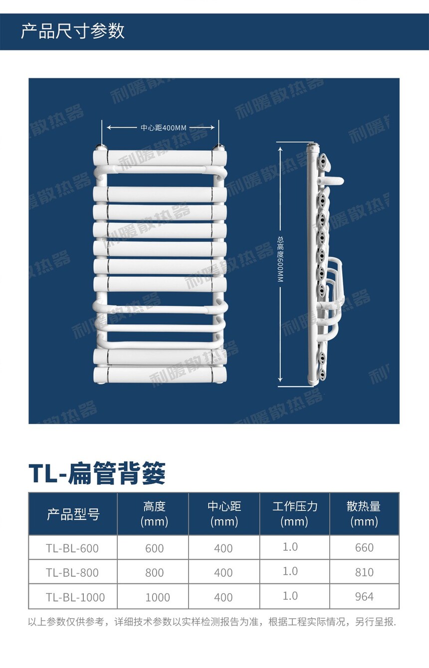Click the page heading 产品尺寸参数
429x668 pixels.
(72, 31)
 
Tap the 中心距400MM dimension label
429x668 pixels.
(164, 128)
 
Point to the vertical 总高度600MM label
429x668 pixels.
(280, 259)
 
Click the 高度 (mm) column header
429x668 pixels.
(155, 514)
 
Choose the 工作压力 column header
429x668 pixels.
(294, 514)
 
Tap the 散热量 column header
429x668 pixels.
(364, 514)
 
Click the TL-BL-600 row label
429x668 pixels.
(72, 548)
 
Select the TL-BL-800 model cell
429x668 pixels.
(72, 573)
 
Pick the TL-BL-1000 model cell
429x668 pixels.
(75, 597)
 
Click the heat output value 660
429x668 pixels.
(364, 548)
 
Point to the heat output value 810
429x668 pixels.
(364, 572)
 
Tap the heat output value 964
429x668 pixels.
(364, 597)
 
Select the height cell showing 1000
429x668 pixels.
(158, 597)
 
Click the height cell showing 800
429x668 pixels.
(155, 573)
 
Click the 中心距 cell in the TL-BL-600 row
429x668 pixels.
(223, 548)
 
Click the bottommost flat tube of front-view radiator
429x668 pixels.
(160, 375)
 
